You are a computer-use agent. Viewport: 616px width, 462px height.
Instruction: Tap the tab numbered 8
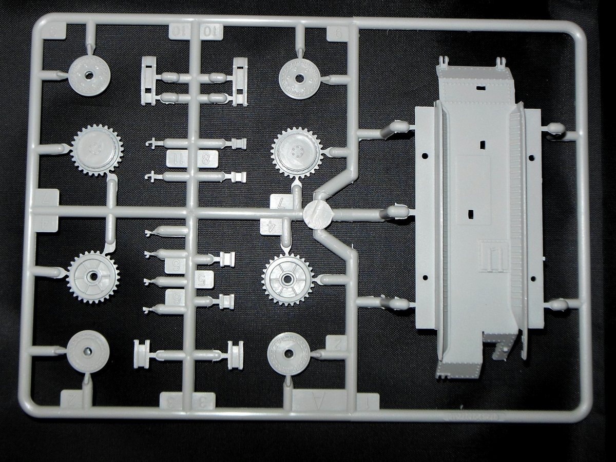click(206, 159)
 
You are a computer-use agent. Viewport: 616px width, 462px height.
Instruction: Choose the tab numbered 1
click(367, 401)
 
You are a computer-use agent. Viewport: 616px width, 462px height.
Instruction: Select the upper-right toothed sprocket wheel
click(297, 152)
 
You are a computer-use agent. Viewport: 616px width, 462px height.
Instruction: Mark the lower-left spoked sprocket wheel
click(93, 276)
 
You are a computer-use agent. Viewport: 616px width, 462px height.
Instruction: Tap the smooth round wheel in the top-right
click(300, 78)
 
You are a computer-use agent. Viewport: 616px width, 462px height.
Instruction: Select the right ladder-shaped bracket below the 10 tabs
click(239, 82)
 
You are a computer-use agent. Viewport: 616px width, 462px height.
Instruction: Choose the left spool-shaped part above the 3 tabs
click(141, 354)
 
